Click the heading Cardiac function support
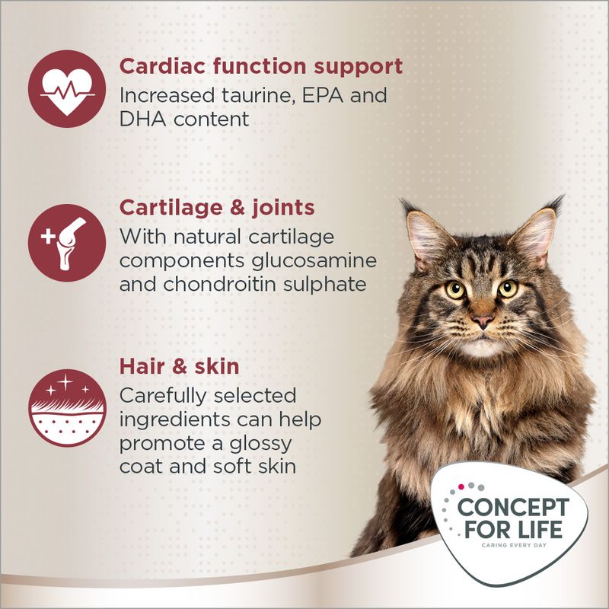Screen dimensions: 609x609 click(260, 66)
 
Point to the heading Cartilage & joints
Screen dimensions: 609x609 click(217, 208)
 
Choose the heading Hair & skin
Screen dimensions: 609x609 click(179, 367)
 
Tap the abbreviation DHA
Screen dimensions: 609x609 click(141, 119)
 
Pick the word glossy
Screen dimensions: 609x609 click(257, 443)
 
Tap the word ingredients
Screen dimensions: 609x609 click(177, 420)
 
